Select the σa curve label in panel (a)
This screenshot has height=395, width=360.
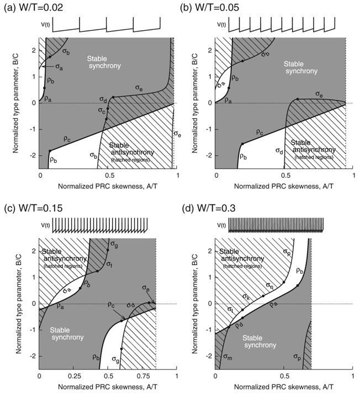coord(58,66)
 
